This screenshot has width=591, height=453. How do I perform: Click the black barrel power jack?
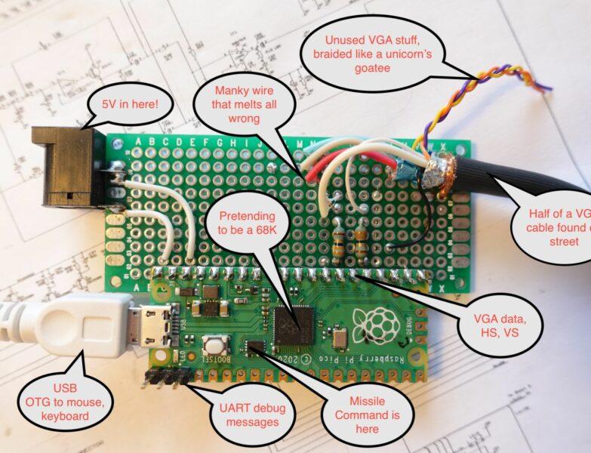click(x=68, y=168)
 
